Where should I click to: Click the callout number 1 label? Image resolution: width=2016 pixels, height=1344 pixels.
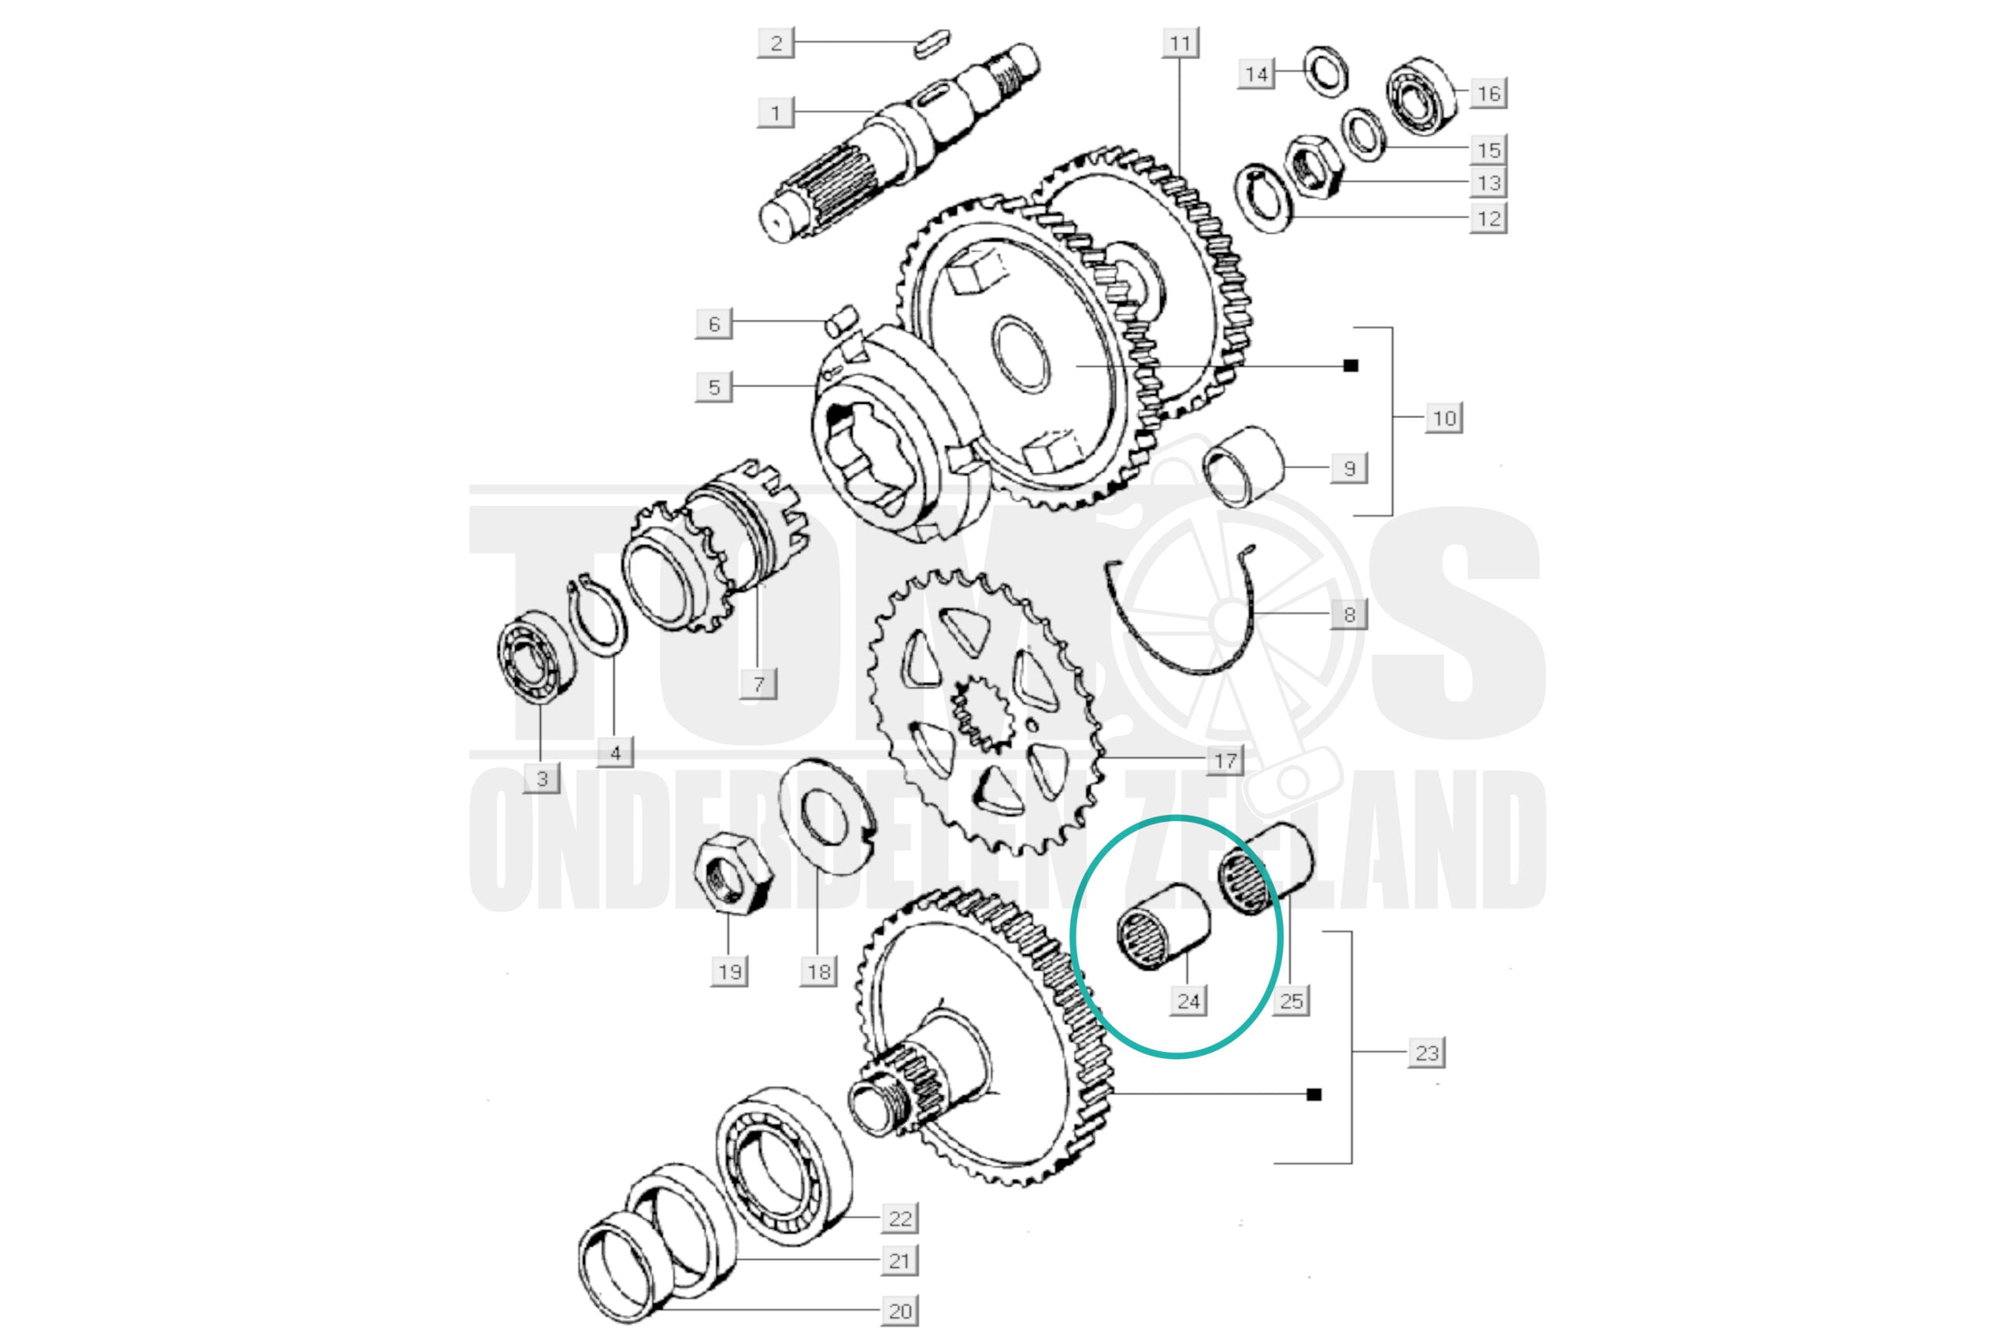point(776,113)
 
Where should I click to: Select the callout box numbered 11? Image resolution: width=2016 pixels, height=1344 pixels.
point(1180,43)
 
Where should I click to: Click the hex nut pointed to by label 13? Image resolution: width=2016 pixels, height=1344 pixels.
point(1312,165)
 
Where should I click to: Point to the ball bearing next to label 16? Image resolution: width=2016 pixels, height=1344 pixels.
point(1422,94)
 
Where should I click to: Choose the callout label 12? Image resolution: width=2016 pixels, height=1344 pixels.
point(1488,218)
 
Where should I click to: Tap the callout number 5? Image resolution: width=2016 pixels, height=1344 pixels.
point(714,387)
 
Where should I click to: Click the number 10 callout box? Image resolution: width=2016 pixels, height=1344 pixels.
point(1444,418)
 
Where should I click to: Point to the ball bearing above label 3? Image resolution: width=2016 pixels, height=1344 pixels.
point(537,657)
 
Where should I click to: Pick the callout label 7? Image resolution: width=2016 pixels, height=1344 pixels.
point(758,684)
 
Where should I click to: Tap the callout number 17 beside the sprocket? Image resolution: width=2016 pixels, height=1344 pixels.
point(1225,761)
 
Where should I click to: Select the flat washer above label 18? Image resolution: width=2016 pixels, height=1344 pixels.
point(827,816)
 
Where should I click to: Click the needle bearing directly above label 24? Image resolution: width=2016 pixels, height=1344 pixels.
point(1163,927)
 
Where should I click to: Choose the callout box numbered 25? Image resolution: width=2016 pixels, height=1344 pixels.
point(1291,1000)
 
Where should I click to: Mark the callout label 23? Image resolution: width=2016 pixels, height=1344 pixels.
point(1426,1053)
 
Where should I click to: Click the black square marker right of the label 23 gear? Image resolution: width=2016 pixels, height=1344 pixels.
point(1314,1094)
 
